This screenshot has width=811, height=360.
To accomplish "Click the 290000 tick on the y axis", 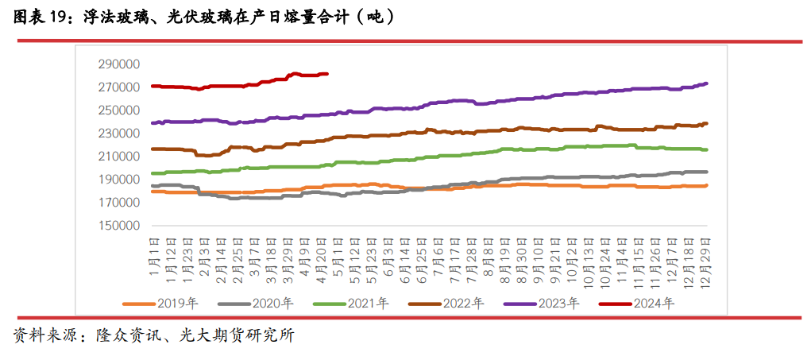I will coord(118,64).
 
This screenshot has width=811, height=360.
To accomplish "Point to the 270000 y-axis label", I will coord(118,87).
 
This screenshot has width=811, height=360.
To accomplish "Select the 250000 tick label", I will coord(118,110).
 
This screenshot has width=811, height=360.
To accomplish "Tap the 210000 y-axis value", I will coord(118,156).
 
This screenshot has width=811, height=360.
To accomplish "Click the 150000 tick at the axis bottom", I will coord(118,226).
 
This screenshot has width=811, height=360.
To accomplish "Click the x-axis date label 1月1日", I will coord(155,253).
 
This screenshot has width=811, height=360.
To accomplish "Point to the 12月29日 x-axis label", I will coord(705,256).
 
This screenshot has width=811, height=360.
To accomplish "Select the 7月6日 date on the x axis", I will coord(439,253).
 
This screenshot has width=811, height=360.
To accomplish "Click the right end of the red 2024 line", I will coord(327,74).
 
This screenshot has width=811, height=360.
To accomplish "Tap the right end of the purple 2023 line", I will coord(707,83).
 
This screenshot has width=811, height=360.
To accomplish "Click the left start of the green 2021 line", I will coord(153,172).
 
